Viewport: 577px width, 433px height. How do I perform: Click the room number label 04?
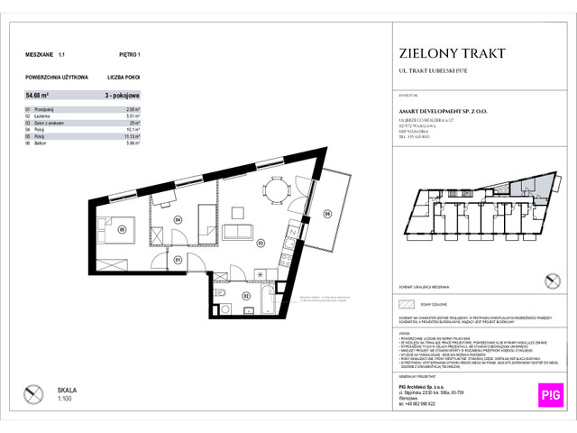pos(178,219)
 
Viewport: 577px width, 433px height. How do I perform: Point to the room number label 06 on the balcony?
pos(327,213)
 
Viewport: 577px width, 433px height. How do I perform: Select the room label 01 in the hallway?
pos(178,261)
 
